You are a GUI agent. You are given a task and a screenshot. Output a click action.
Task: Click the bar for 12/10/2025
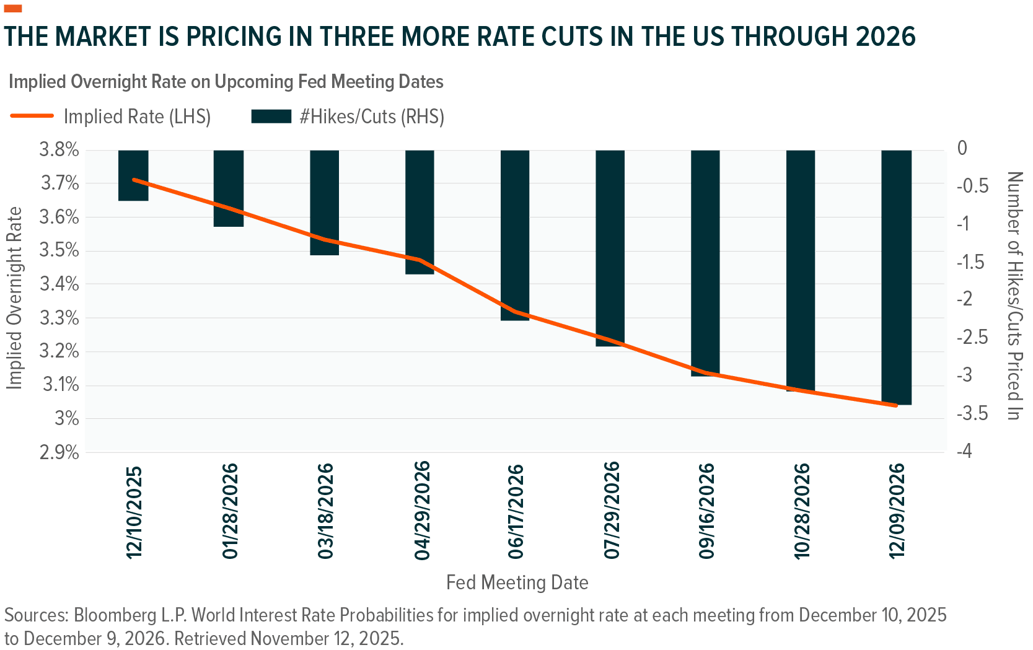pos(133,175)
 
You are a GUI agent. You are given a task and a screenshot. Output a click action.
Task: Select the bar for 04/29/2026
pos(420,212)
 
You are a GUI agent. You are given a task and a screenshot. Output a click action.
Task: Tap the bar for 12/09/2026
pos(896,277)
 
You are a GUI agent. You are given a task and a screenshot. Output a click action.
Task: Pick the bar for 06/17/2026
pos(515,235)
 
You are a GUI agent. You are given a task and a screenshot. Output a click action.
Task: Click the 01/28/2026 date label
pos(230,511)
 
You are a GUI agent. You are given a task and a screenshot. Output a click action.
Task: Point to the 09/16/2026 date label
pos(706,511)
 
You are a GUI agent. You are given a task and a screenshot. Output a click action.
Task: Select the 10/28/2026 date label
pos(802,511)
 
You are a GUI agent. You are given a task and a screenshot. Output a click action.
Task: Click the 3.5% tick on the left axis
pos(59,251)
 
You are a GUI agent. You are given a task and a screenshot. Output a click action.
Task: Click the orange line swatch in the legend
pos(32,116)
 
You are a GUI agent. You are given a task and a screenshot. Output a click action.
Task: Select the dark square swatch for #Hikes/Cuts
pos(271,116)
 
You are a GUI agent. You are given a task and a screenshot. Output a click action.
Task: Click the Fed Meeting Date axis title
pos(517,582)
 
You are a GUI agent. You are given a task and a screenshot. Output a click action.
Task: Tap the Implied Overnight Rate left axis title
pos(14,298)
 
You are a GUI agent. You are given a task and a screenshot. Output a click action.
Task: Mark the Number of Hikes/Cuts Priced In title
pos(1014,296)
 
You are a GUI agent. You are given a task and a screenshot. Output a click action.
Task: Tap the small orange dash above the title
pos(13,9)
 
